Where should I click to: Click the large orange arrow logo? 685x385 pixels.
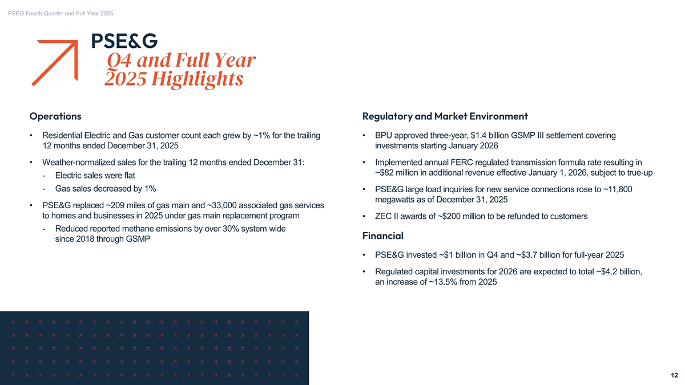57,62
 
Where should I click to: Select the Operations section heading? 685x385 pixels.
55,116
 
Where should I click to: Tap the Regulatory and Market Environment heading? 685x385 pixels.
445,116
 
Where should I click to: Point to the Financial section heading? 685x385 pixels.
382,235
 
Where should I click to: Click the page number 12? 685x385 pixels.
674,375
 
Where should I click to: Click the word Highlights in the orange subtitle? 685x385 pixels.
200,79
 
